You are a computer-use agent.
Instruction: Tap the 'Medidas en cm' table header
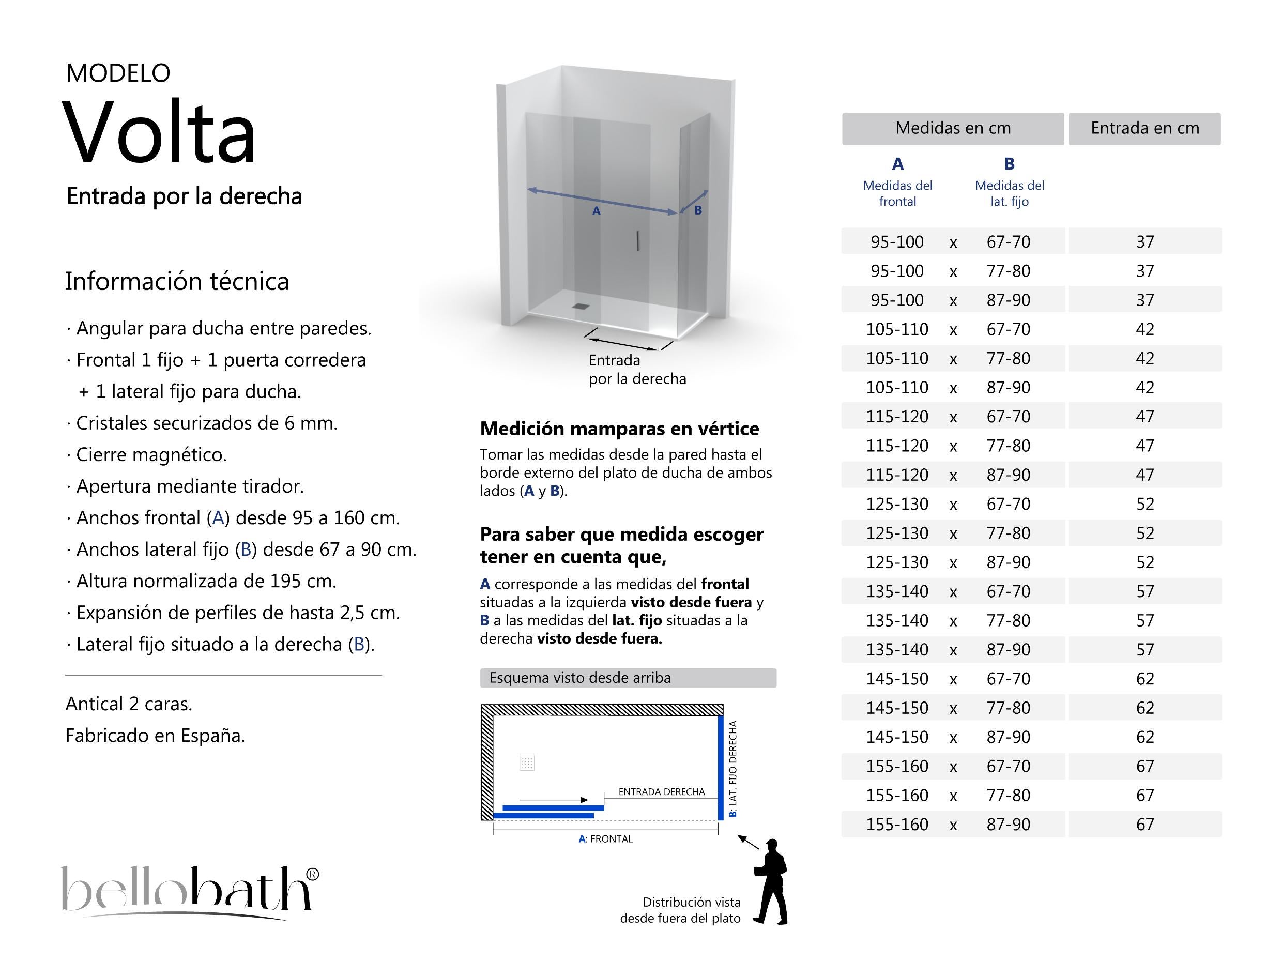[x=952, y=129]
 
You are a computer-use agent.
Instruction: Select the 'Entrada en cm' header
[x=1144, y=129]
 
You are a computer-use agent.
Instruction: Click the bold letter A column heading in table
[x=897, y=164]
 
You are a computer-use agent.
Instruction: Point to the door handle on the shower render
[x=638, y=241]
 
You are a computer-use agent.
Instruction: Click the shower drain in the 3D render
[x=579, y=307]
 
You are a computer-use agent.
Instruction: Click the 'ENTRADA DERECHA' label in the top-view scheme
[x=661, y=791]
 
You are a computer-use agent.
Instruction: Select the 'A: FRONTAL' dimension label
[x=605, y=838]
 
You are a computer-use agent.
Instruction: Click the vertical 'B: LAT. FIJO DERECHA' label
[x=732, y=768]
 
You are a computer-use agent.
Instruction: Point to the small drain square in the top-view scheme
[x=527, y=763]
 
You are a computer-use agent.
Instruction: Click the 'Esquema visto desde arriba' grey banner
[x=628, y=678]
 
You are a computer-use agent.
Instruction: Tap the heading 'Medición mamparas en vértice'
[x=619, y=429]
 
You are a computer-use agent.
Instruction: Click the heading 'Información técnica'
[x=177, y=281]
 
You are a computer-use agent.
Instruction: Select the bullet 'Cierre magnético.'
[x=151, y=455]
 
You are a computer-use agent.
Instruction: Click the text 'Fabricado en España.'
[x=155, y=736]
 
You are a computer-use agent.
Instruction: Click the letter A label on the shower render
[x=596, y=212]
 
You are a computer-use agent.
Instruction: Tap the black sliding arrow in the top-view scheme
[x=554, y=800]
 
